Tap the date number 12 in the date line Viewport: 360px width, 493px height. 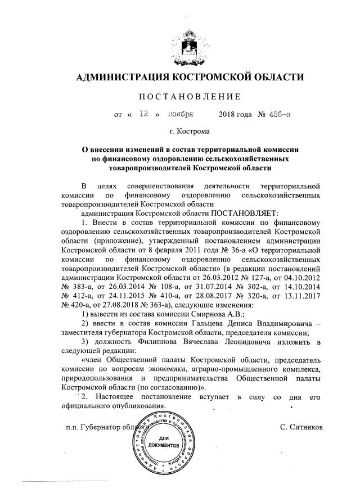click(x=143, y=114)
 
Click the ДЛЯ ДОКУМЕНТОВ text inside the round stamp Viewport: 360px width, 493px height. click(x=165, y=441)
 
